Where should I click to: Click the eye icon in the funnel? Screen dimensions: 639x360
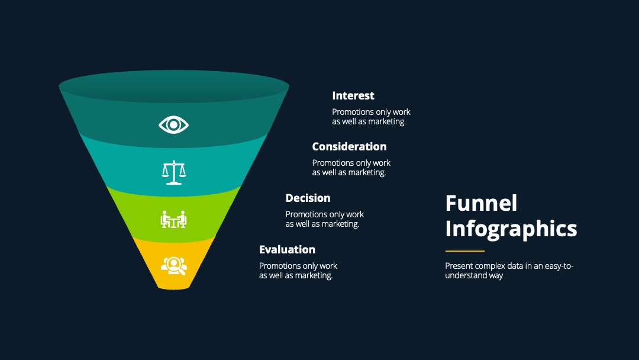point(173,125)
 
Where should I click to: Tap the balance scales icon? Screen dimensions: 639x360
point(174,172)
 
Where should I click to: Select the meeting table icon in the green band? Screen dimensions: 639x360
point(173,220)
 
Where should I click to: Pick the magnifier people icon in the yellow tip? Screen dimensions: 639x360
point(174,266)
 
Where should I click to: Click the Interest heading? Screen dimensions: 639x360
point(353,96)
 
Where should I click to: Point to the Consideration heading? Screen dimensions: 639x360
point(349,147)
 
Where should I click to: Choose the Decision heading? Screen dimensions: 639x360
point(308,198)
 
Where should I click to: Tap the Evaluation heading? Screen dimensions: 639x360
point(288,249)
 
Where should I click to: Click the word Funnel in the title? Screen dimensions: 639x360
point(481,203)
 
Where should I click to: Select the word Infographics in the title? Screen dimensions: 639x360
point(511,229)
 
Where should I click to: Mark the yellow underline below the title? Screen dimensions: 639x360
point(465,251)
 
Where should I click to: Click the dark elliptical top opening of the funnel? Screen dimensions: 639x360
point(174,86)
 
